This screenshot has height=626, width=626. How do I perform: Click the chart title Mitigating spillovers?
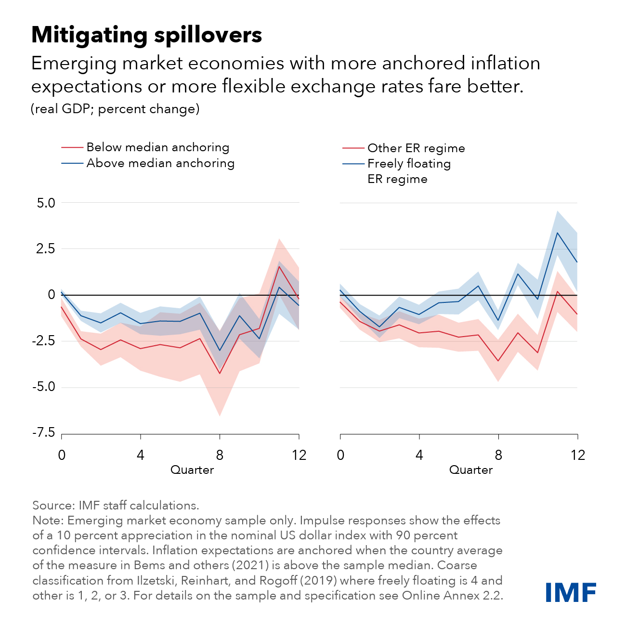(146, 35)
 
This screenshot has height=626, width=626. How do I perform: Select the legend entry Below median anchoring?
(157, 147)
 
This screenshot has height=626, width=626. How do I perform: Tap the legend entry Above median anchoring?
(160, 163)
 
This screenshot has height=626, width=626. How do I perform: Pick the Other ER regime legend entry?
(416, 148)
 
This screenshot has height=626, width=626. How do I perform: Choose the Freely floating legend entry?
(409, 164)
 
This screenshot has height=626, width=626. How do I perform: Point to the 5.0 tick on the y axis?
(46, 203)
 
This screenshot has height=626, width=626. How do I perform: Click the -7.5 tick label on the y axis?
(44, 433)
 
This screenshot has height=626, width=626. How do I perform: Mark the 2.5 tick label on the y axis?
(46, 249)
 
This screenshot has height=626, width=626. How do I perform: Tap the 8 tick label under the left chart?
(220, 455)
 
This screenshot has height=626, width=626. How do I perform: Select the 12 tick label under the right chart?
(577, 455)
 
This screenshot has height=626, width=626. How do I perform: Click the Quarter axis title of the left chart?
(192, 470)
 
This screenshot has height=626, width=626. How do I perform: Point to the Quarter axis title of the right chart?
(471, 470)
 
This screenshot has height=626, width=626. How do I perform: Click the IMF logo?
(571, 592)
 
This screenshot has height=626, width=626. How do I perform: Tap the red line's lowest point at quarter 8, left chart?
(220, 373)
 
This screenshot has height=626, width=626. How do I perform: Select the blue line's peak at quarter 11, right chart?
(558, 233)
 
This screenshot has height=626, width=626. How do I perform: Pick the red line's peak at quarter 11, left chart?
(279, 266)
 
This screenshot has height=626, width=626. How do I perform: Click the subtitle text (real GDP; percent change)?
(115, 109)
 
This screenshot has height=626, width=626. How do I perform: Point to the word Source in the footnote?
(52, 506)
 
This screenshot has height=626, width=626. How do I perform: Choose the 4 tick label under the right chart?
(419, 455)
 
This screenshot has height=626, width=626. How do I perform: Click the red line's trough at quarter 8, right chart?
(498, 361)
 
